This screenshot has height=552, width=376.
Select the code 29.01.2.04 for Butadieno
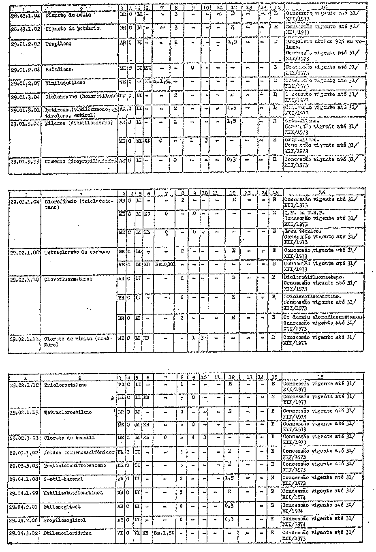(x=24, y=69)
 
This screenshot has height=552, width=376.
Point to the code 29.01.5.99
(x=24, y=161)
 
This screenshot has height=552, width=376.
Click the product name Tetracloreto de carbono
(x=77, y=252)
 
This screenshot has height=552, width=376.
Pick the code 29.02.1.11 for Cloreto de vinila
(x=24, y=338)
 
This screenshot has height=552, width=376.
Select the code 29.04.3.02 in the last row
(x=24, y=533)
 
